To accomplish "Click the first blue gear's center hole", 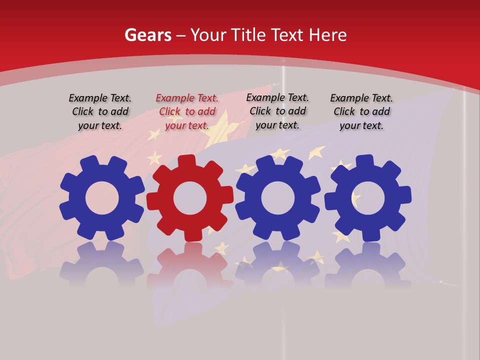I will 102,198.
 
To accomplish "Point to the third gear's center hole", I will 278,198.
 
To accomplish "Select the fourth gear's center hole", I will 368,198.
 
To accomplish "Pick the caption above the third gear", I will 277,111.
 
